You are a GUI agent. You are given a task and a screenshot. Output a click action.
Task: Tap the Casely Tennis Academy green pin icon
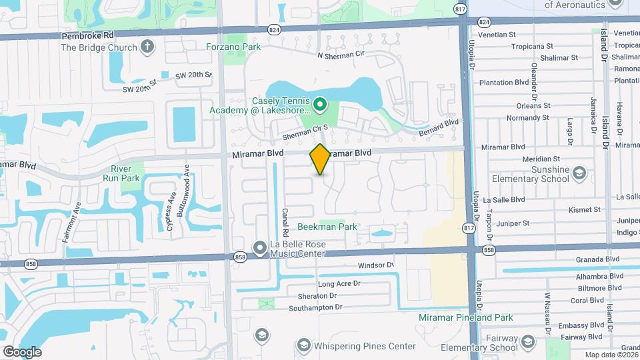pyautogui.click(x=320, y=104)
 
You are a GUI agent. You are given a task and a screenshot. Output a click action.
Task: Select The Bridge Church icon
pyautogui.click(x=148, y=47)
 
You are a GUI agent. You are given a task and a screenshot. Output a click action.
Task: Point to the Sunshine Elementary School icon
pyautogui.click(x=579, y=174)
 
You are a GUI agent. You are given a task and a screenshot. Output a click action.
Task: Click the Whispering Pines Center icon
pyautogui.click(x=304, y=345)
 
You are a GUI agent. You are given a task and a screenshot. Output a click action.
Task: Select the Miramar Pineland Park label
pyautogui.click(x=465, y=318)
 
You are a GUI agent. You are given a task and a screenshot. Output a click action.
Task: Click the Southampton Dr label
pyautogui.click(x=315, y=307)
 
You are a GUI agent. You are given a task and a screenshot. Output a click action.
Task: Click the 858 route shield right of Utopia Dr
pyautogui.click(x=489, y=250)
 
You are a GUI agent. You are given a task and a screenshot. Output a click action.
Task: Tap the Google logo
pyautogui.click(x=22, y=351)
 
